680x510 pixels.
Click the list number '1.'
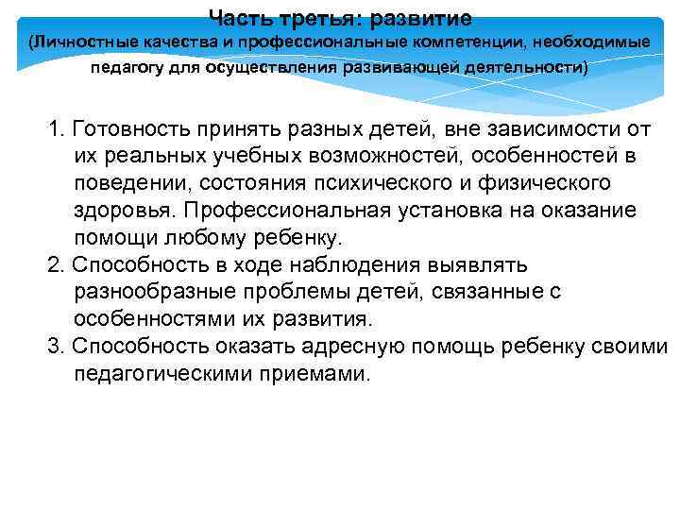coord(56,128)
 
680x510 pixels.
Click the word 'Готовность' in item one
coord(124,128)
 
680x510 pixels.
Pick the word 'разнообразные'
coord(151,292)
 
